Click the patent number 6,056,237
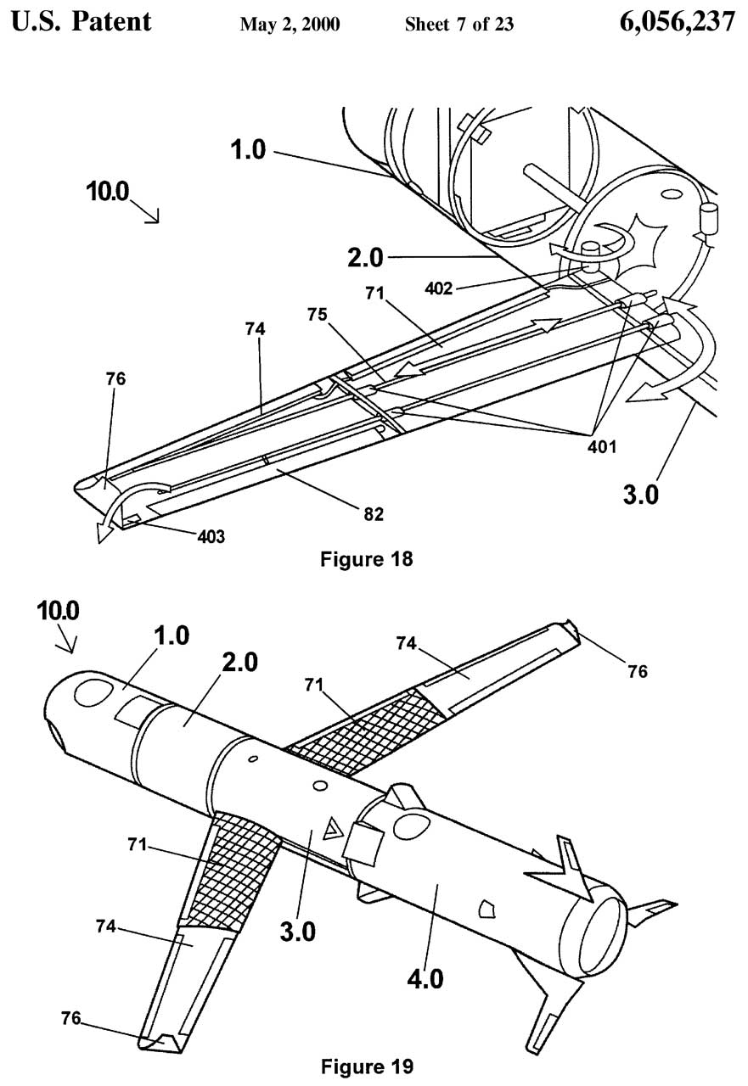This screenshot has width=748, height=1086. click(678, 22)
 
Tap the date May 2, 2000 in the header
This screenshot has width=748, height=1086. click(290, 25)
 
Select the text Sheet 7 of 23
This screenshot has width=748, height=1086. click(458, 24)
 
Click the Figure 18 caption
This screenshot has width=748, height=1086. click(366, 559)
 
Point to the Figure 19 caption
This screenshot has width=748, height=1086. click(368, 1066)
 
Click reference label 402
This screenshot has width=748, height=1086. click(438, 289)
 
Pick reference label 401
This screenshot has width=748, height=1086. click(602, 446)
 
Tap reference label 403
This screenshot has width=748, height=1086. click(211, 537)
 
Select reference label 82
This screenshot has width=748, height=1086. click(374, 514)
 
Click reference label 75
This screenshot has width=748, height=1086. click(318, 315)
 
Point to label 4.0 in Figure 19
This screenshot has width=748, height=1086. click(425, 980)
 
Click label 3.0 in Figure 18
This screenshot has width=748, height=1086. click(640, 495)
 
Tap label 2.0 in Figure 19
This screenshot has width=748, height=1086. click(239, 663)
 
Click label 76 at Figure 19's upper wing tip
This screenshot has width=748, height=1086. click(638, 671)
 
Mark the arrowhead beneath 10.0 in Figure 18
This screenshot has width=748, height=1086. click(155, 218)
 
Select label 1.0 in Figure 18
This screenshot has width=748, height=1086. click(248, 150)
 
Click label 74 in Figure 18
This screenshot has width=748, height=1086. click(256, 329)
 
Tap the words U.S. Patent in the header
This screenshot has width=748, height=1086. click(81, 22)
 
